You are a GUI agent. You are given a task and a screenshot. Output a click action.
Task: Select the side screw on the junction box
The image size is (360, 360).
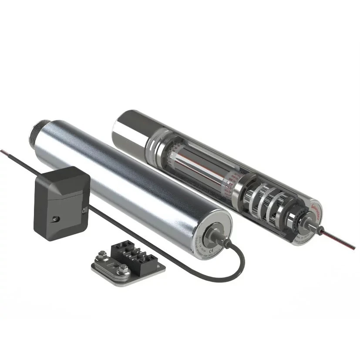point(83,210)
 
